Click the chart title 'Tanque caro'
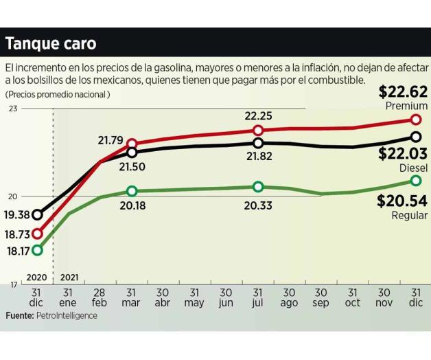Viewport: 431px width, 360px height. (x=51, y=43)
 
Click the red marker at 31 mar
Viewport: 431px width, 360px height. (x=132, y=144)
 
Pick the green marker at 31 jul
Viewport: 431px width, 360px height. (x=258, y=187)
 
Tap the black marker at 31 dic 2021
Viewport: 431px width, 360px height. (x=415, y=137)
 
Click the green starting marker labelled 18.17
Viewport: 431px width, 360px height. (x=37, y=250)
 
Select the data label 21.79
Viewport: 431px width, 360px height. (x=110, y=141)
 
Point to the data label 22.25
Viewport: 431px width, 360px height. (x=258, y=115)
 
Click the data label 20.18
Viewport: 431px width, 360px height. (x=132, y=205)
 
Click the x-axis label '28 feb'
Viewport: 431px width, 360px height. (x=100, y=297)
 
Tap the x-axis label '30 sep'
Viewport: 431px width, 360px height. (x=321, y=297)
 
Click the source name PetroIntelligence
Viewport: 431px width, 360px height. (x=67, y=315)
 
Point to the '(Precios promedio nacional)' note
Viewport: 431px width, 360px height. (x=58, y=94)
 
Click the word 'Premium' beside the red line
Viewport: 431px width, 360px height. (x=406, y=106)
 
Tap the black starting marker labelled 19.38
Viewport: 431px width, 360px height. (x=37, y=215)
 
